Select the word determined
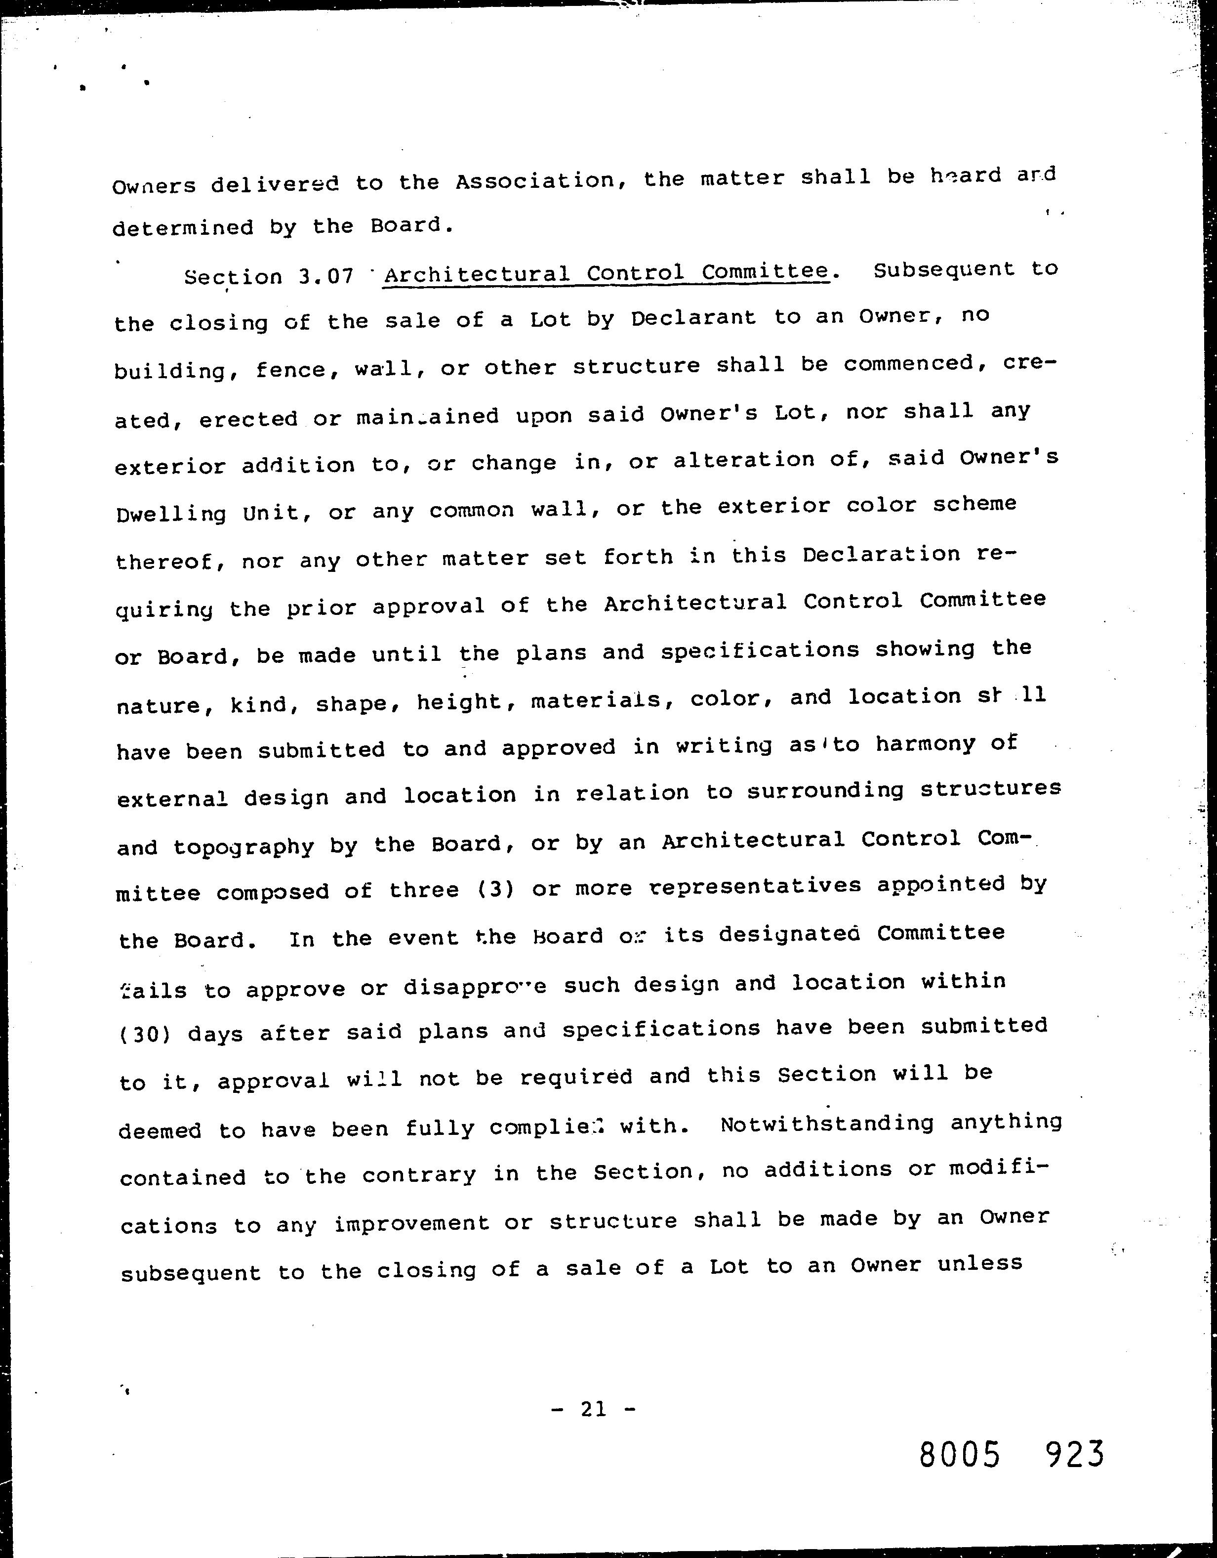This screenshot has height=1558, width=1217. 184,227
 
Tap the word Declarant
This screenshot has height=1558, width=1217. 693,318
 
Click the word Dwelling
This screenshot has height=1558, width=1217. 170,514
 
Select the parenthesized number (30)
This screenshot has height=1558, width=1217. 145,1034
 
